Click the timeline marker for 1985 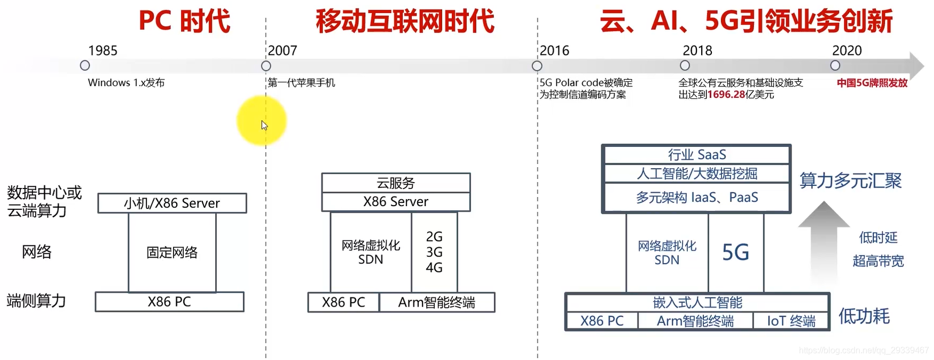point(85,66)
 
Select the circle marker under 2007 point(266,66)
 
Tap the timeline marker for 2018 point(685,65)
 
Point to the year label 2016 point(554,51)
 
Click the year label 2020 point(847,51)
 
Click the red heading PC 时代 point(184,21)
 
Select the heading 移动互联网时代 point(405,21)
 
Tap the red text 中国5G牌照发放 point(872,83)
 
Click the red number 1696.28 point(726,95)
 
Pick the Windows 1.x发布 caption point(126,83)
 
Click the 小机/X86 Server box point(172,203)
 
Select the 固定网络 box point(172,252)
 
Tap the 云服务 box point(396,183)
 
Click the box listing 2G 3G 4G point(434,252)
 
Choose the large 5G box point(735,252)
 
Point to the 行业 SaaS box point(696,154)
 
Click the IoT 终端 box point(791,321)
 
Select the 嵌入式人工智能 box point(697,302)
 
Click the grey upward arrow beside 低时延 point(823,240)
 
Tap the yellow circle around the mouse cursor point(262,120)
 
